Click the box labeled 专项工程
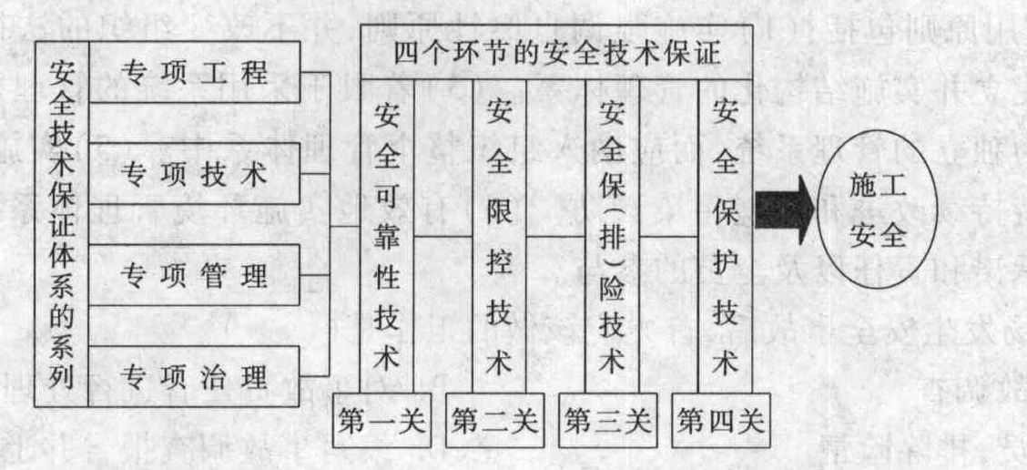(x=194, y=72)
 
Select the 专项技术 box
(x=194, y=174)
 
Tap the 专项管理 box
(x=194, y=276)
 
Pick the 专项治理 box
(x=194, y=376)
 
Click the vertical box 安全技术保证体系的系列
(x=62, y=224)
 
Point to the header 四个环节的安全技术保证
(x=556, y=53)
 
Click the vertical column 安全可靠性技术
(x=387, y=236)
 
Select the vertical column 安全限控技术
(x=499, y=236)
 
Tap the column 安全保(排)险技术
(x=612, y=236)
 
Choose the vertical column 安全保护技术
(x=725, y=236)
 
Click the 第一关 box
(x=381, y=420)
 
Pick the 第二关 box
(x=494, y=420)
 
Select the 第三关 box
(x=608, y=420)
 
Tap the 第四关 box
(x=721, y=420)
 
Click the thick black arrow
(x=785, y=211)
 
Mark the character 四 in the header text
(x=407, y=53)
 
